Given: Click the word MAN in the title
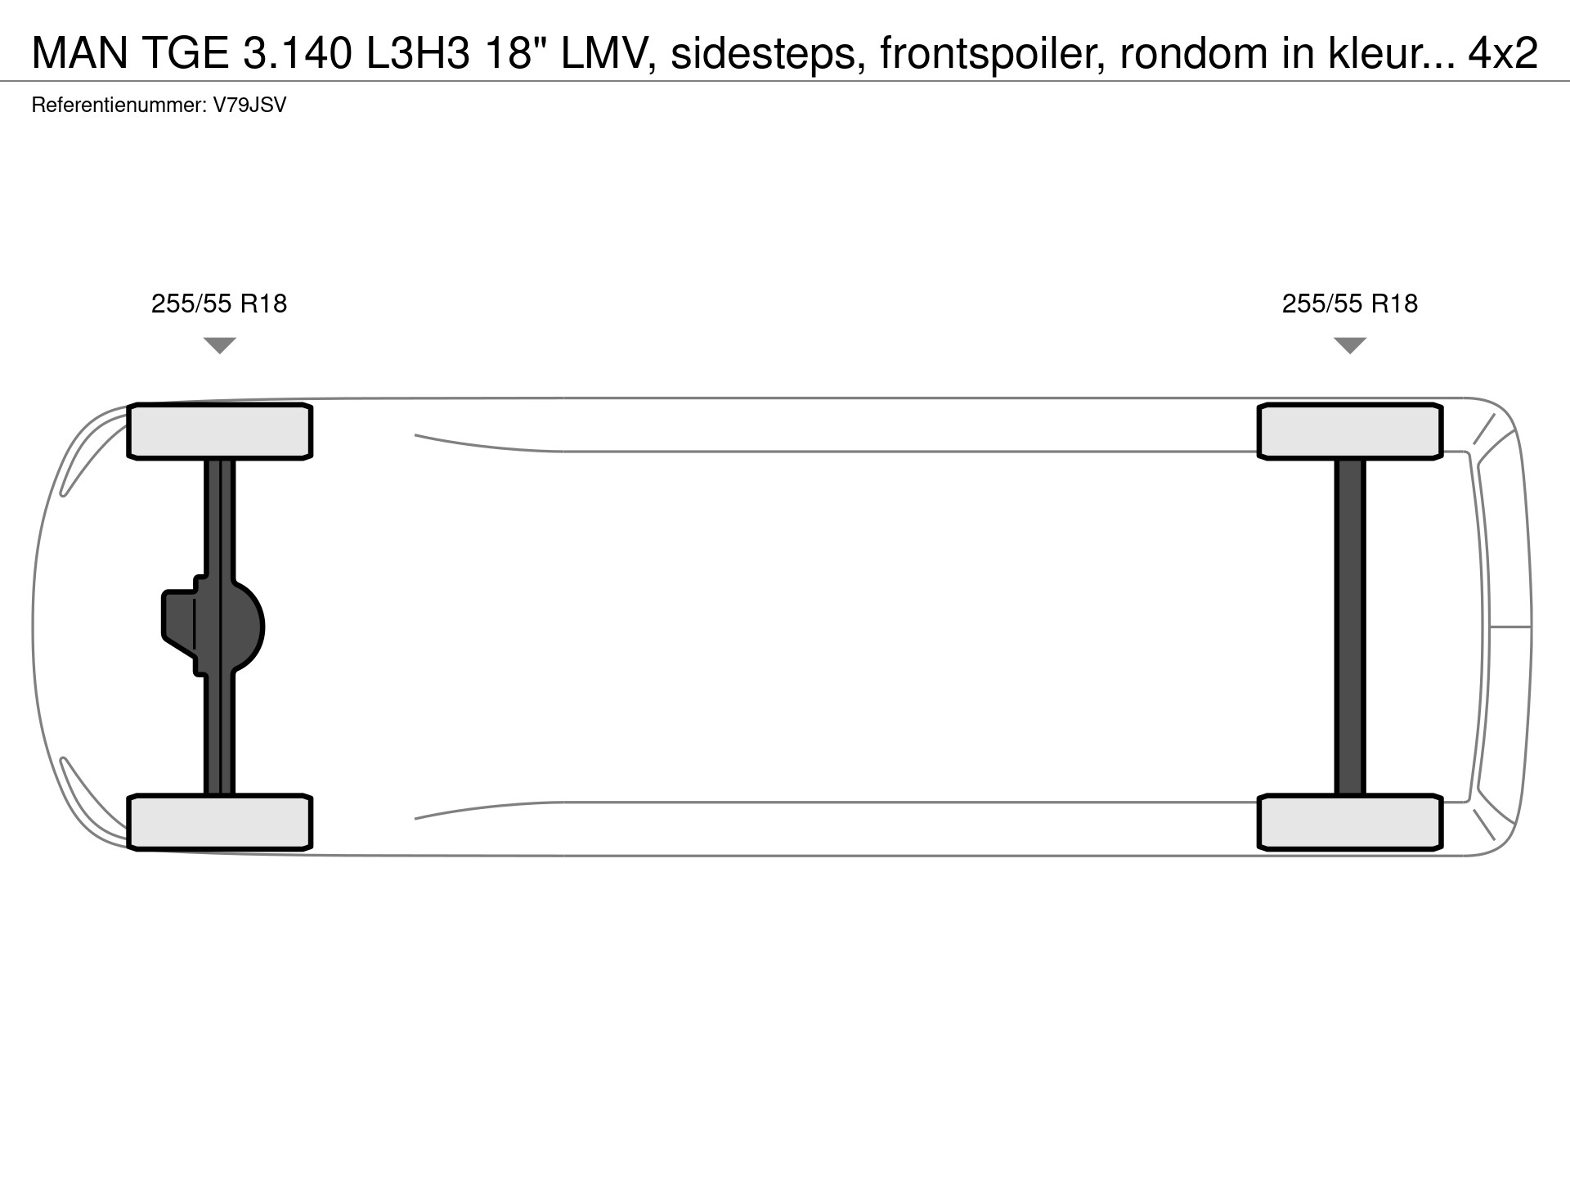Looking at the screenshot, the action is click(x=80, y=54).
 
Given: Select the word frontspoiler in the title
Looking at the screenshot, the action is click(x=993, y=54).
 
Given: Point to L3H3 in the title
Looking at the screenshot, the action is click(x=417, y=54).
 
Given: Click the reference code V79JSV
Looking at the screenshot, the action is click(x=249, y=105).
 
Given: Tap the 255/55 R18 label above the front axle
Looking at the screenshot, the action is click(x=219, y=303).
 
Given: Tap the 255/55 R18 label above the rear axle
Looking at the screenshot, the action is click(x=1350, y=303).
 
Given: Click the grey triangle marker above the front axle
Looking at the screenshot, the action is click(x=220, y=344).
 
